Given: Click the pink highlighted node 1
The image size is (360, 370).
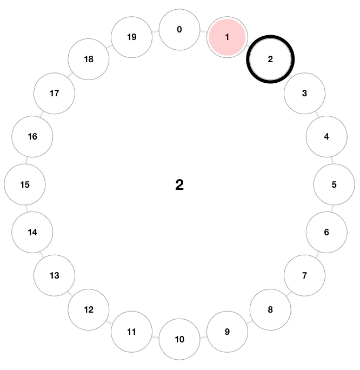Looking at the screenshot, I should click(227, 37).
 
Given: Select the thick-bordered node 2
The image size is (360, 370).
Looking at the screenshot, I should click(270, 60).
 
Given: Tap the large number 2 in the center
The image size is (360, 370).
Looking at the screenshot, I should click(179, 185).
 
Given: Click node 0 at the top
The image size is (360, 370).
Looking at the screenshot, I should click(179, 29).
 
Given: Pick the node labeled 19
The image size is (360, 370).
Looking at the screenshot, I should click(131, 37).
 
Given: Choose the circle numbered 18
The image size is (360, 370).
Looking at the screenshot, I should click(89, 60).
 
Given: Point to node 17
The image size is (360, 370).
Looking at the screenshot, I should click(54, 93).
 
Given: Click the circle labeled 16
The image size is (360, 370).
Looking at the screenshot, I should click(32, 136).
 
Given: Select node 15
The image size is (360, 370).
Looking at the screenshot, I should click(25, 184).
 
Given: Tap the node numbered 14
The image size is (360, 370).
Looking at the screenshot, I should click(32, 232).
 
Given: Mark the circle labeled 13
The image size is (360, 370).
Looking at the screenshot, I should click(54, 275).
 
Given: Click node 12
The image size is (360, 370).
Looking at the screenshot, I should click(89, 309).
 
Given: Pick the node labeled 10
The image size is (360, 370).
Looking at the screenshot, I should click(179, 339).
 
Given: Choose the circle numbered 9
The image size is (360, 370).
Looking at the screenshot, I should click(227, 332).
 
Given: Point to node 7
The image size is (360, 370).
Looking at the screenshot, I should click(304, 275).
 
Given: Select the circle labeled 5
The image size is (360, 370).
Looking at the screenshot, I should click(334, 184).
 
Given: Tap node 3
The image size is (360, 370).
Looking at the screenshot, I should click(304, 93).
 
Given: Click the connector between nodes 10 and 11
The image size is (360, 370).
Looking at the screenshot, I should click(156, 336).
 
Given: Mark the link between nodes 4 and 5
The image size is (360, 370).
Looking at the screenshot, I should click(331, 160).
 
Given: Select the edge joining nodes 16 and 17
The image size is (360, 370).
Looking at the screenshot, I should click(43, 115).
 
